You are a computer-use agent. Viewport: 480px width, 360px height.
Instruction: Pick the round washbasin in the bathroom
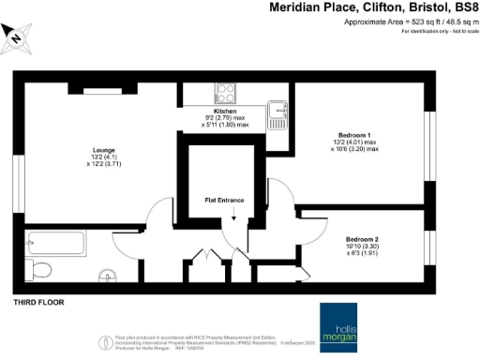[111, 276]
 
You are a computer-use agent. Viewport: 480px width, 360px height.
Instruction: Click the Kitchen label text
[226, 111]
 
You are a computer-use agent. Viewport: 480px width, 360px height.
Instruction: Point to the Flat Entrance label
[225, 200]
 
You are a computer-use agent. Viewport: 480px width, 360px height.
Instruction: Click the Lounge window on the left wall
[16, 176]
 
